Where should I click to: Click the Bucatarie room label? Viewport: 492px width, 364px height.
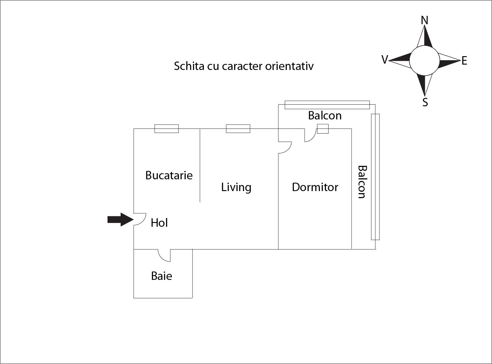click(x=169, y=175)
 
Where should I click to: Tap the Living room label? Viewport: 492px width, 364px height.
click(x=236, y=187)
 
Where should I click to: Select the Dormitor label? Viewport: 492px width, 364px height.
click(x=315, y=187)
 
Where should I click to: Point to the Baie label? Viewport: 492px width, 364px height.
click(x=161, y=276)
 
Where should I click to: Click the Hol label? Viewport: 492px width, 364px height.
click(x=159, y=223)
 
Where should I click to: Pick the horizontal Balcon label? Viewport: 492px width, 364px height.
click(x=325, y=115)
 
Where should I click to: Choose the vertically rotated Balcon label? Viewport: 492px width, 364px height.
click(x=362, y=182)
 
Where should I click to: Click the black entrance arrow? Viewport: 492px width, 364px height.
click(x=120, y=220)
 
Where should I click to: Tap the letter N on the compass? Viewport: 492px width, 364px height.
click(x=424, y=20)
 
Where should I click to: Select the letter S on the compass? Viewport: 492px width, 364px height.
click(x=425, y=102)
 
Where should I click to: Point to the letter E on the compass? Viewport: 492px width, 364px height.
click(x=464, y=61)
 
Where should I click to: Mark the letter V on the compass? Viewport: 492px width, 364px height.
click(x=385, y=59)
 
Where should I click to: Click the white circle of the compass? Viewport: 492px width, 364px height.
click(x=424, y=61)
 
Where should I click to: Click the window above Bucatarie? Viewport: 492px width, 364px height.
click(x=166, y=129)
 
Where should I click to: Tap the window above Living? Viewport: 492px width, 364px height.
click(x=238, y=129)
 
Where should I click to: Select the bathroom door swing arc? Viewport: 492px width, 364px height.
click(x=164, y=255)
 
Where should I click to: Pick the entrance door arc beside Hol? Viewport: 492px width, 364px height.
click(x=140, y=219)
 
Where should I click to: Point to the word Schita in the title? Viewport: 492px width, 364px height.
click(x=189, y=66)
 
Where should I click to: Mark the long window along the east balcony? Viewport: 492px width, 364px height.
click(x=375, y=177)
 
